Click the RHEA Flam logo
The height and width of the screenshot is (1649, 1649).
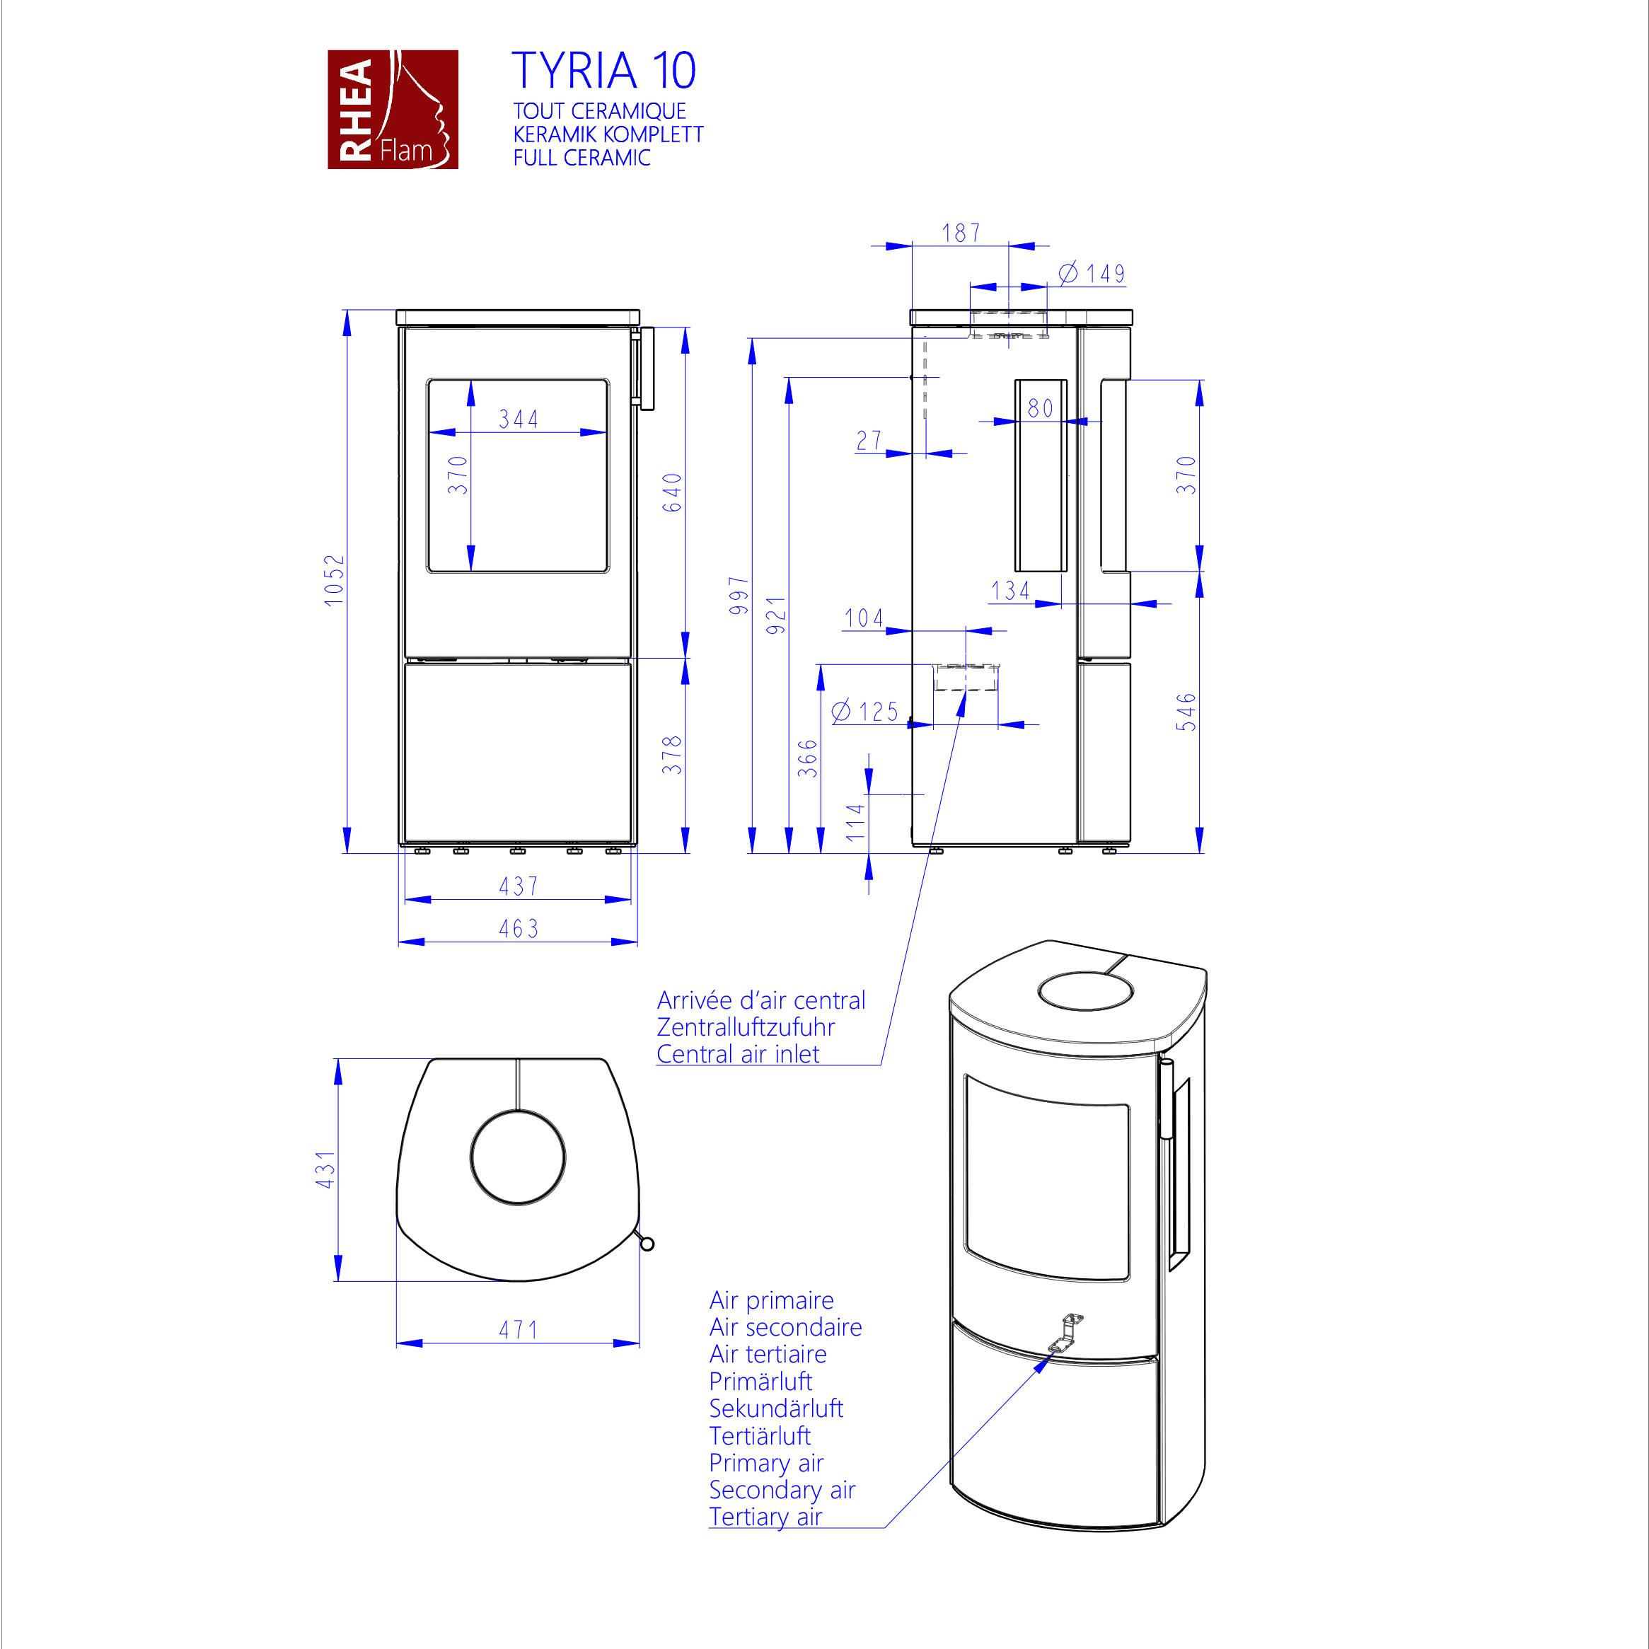(393, 109)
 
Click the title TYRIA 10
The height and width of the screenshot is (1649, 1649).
(603, 71)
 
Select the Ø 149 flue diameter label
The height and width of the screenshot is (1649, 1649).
(1092, 273)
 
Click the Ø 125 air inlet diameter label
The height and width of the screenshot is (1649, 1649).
(864, 711)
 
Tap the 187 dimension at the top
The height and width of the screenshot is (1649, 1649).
(961, 232)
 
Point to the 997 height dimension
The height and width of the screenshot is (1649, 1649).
(739, 595)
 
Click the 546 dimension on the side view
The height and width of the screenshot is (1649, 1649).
(1186, 712)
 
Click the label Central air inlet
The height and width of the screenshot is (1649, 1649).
(739, 1054)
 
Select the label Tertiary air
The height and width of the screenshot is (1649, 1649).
(765, 1517)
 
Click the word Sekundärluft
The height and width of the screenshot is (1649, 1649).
(776, 1408)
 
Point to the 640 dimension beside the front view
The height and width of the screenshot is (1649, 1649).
(673, 492)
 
